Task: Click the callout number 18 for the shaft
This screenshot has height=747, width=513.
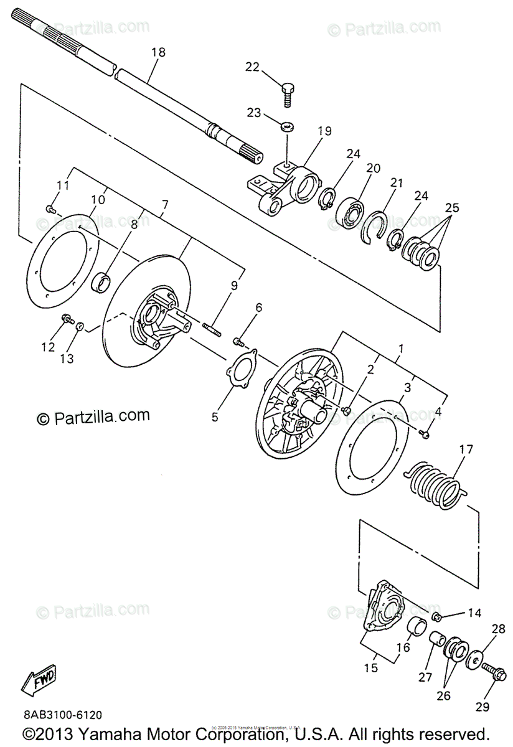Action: point(158,52)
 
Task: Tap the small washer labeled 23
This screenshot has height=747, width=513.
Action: point(288,126)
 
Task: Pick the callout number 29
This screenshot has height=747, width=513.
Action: point(482,706)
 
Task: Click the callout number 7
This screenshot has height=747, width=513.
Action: point(165,205)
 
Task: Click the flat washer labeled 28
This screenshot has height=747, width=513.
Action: point(476,659)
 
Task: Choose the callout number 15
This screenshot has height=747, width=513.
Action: point(370,668)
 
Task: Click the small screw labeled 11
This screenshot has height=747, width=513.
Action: point(49,208)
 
